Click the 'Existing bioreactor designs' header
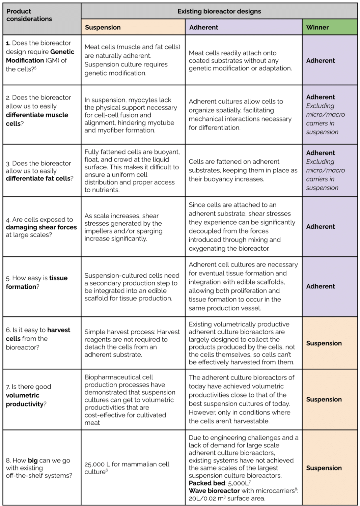(219, 11)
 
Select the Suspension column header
(103, 27)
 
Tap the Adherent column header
(203, 27)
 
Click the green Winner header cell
(317, 27)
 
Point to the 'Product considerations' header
(29, 15)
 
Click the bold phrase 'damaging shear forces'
(41, 227)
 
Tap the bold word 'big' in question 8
(33, 460)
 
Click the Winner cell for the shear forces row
(321, 227)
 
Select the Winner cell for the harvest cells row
(324, 343)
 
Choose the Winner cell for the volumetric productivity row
(324, 399)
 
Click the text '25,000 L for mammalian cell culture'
(127, 468)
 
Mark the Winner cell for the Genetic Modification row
(321, 61)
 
